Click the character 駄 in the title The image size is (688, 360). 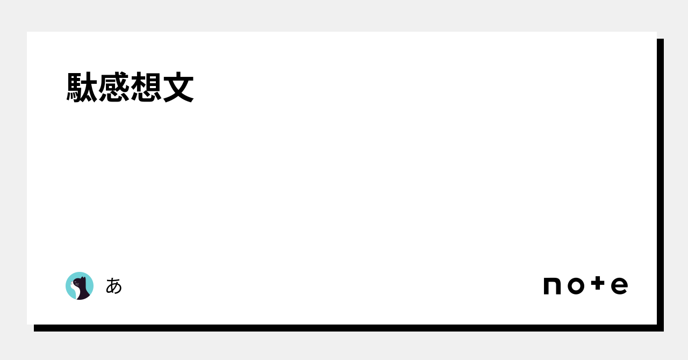pos(82,87)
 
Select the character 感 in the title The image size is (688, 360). pos(114,87)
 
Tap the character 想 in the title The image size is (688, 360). pos(146,87)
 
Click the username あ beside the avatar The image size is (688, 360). pos(114,286)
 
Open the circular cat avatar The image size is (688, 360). pos(80,286)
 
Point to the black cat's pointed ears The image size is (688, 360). pos(83,278)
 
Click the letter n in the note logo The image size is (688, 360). pos(552,286)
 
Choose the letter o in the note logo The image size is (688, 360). pos(575,286)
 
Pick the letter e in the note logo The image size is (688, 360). pos(619,286)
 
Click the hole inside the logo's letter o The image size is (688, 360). pos(575,286)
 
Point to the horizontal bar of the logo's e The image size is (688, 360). pos(619,285)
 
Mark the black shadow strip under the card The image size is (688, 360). pos(344,328)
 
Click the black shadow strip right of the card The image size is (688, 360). pos(660,183)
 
